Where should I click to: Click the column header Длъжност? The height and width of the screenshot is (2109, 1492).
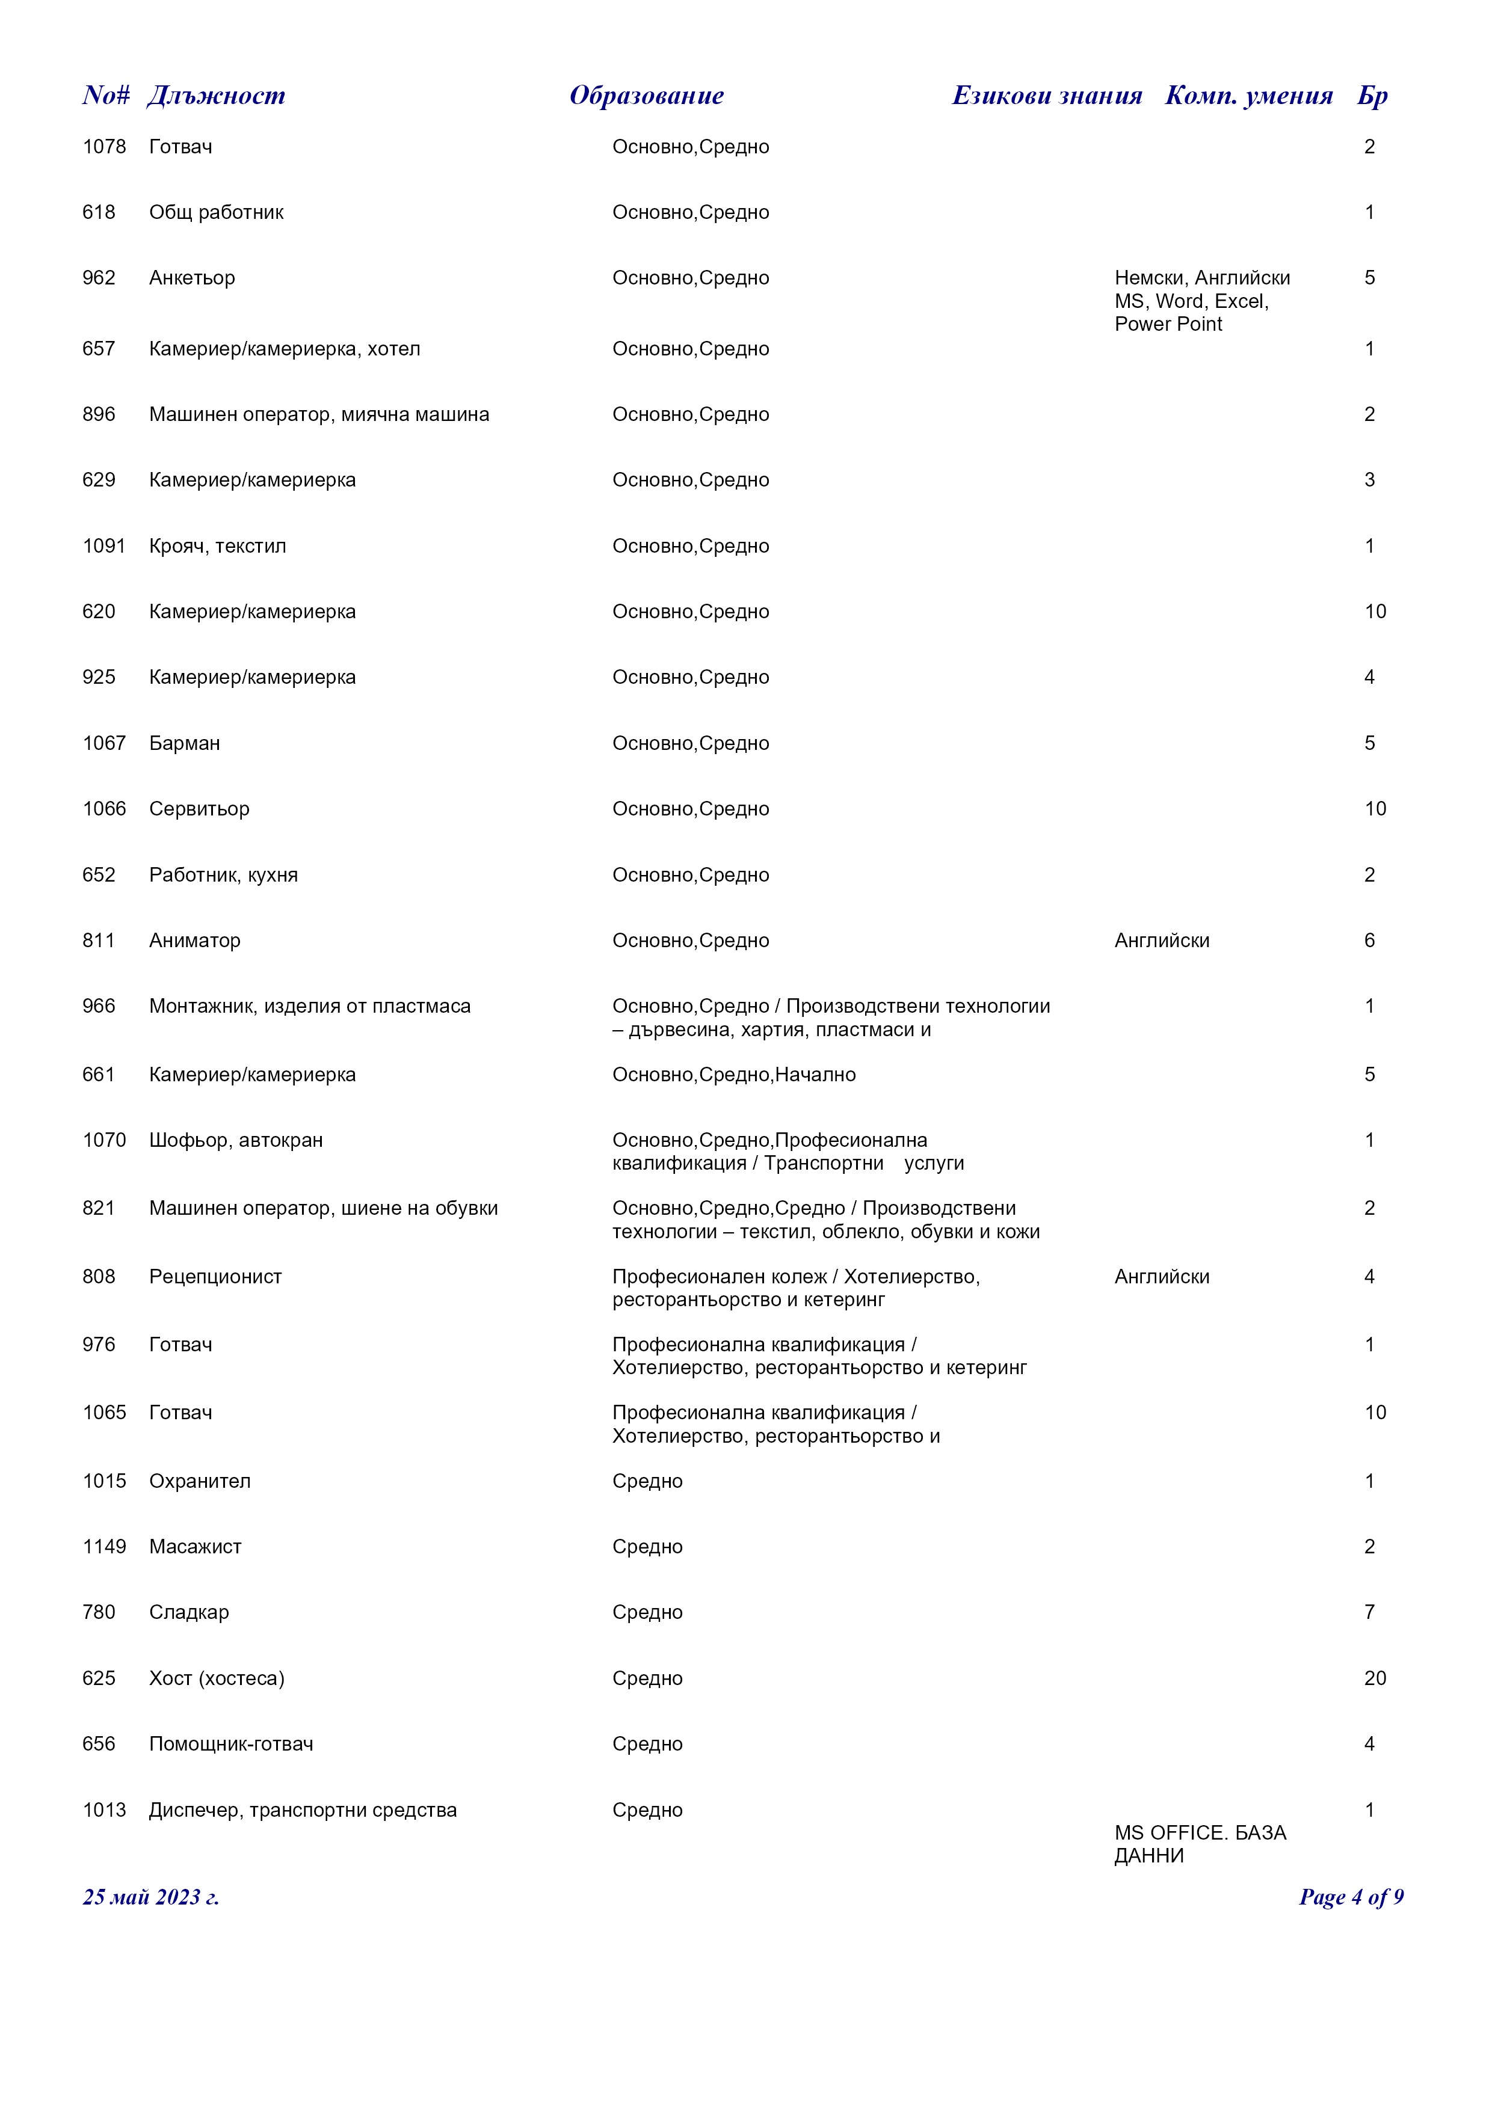(216, 96)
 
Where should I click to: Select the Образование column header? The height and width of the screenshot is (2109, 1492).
(646, 96)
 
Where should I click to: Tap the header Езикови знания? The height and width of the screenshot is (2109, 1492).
(1046, 96)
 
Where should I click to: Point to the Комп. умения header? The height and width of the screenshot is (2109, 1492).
(1248, 96)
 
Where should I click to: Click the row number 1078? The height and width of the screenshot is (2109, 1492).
(104, 147)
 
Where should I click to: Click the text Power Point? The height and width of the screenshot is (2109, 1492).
(1168, 324)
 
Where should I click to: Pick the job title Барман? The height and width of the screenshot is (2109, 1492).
(185, 743)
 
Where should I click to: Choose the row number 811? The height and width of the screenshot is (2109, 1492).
(98, 941)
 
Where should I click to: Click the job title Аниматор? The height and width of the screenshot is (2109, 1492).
(195, 941)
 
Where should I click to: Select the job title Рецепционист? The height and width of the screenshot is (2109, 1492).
(215, 1277)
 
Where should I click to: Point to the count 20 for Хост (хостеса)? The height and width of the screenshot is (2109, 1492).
(1375, 1678)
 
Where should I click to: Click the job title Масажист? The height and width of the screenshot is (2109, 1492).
(195, 1547)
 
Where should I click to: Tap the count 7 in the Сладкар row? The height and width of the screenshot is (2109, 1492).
(1369, 1612)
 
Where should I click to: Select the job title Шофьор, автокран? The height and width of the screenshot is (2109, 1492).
(236, 1141)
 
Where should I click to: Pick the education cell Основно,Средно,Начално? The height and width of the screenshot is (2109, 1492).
(734, 1075)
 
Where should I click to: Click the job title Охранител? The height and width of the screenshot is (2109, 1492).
(199, 1481)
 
